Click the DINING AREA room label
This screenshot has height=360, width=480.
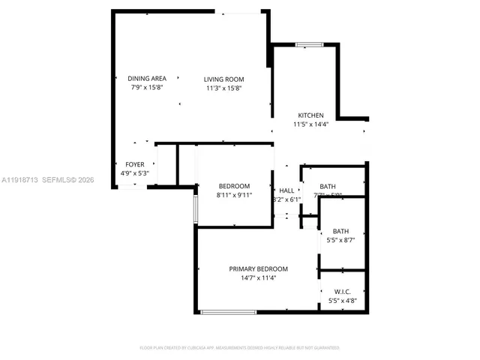pyautogui.click(x=146, y=79)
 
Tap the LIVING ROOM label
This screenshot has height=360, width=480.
pyautogui.click(x=225, y=79)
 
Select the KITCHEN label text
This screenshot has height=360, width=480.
pyautogui.click(x=310, y=115)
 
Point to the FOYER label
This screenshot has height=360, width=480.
pyautogui.click(x=135, y=164)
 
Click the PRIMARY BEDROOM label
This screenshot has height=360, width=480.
pyautogui.click(x=258, y=268)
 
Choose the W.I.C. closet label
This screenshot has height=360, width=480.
pyautogui.click(x=342, y=292)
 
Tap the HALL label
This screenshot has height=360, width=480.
pyautogui.click(x=286, y=190)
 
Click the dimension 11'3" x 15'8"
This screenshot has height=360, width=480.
pyautogui.click(x=225, y=88)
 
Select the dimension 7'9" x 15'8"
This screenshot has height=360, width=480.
pyautogui.click(x=146, y=88)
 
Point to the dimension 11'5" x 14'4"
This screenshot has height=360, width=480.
pyautogui.click(x=310, y=124)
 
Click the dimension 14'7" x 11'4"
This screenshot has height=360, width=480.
pyautogui.click(x=258, y=277)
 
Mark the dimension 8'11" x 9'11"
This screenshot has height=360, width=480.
pyautogui.click(x=234, y=195)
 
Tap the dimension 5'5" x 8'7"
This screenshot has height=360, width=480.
pyautogui.click(x=341, y=240)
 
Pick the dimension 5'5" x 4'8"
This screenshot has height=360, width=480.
pyautogui.click(x=342, y=301)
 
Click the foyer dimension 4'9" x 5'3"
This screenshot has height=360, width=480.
pyautogui.click(x=135, y=173)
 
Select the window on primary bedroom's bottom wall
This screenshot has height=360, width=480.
pyautogui.click(x=228, y=311)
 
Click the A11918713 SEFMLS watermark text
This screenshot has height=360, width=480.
pyautogui.click(x=46, y=180)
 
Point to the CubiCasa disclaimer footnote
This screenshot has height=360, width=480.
pyautogui.click(x=240, y=348)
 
